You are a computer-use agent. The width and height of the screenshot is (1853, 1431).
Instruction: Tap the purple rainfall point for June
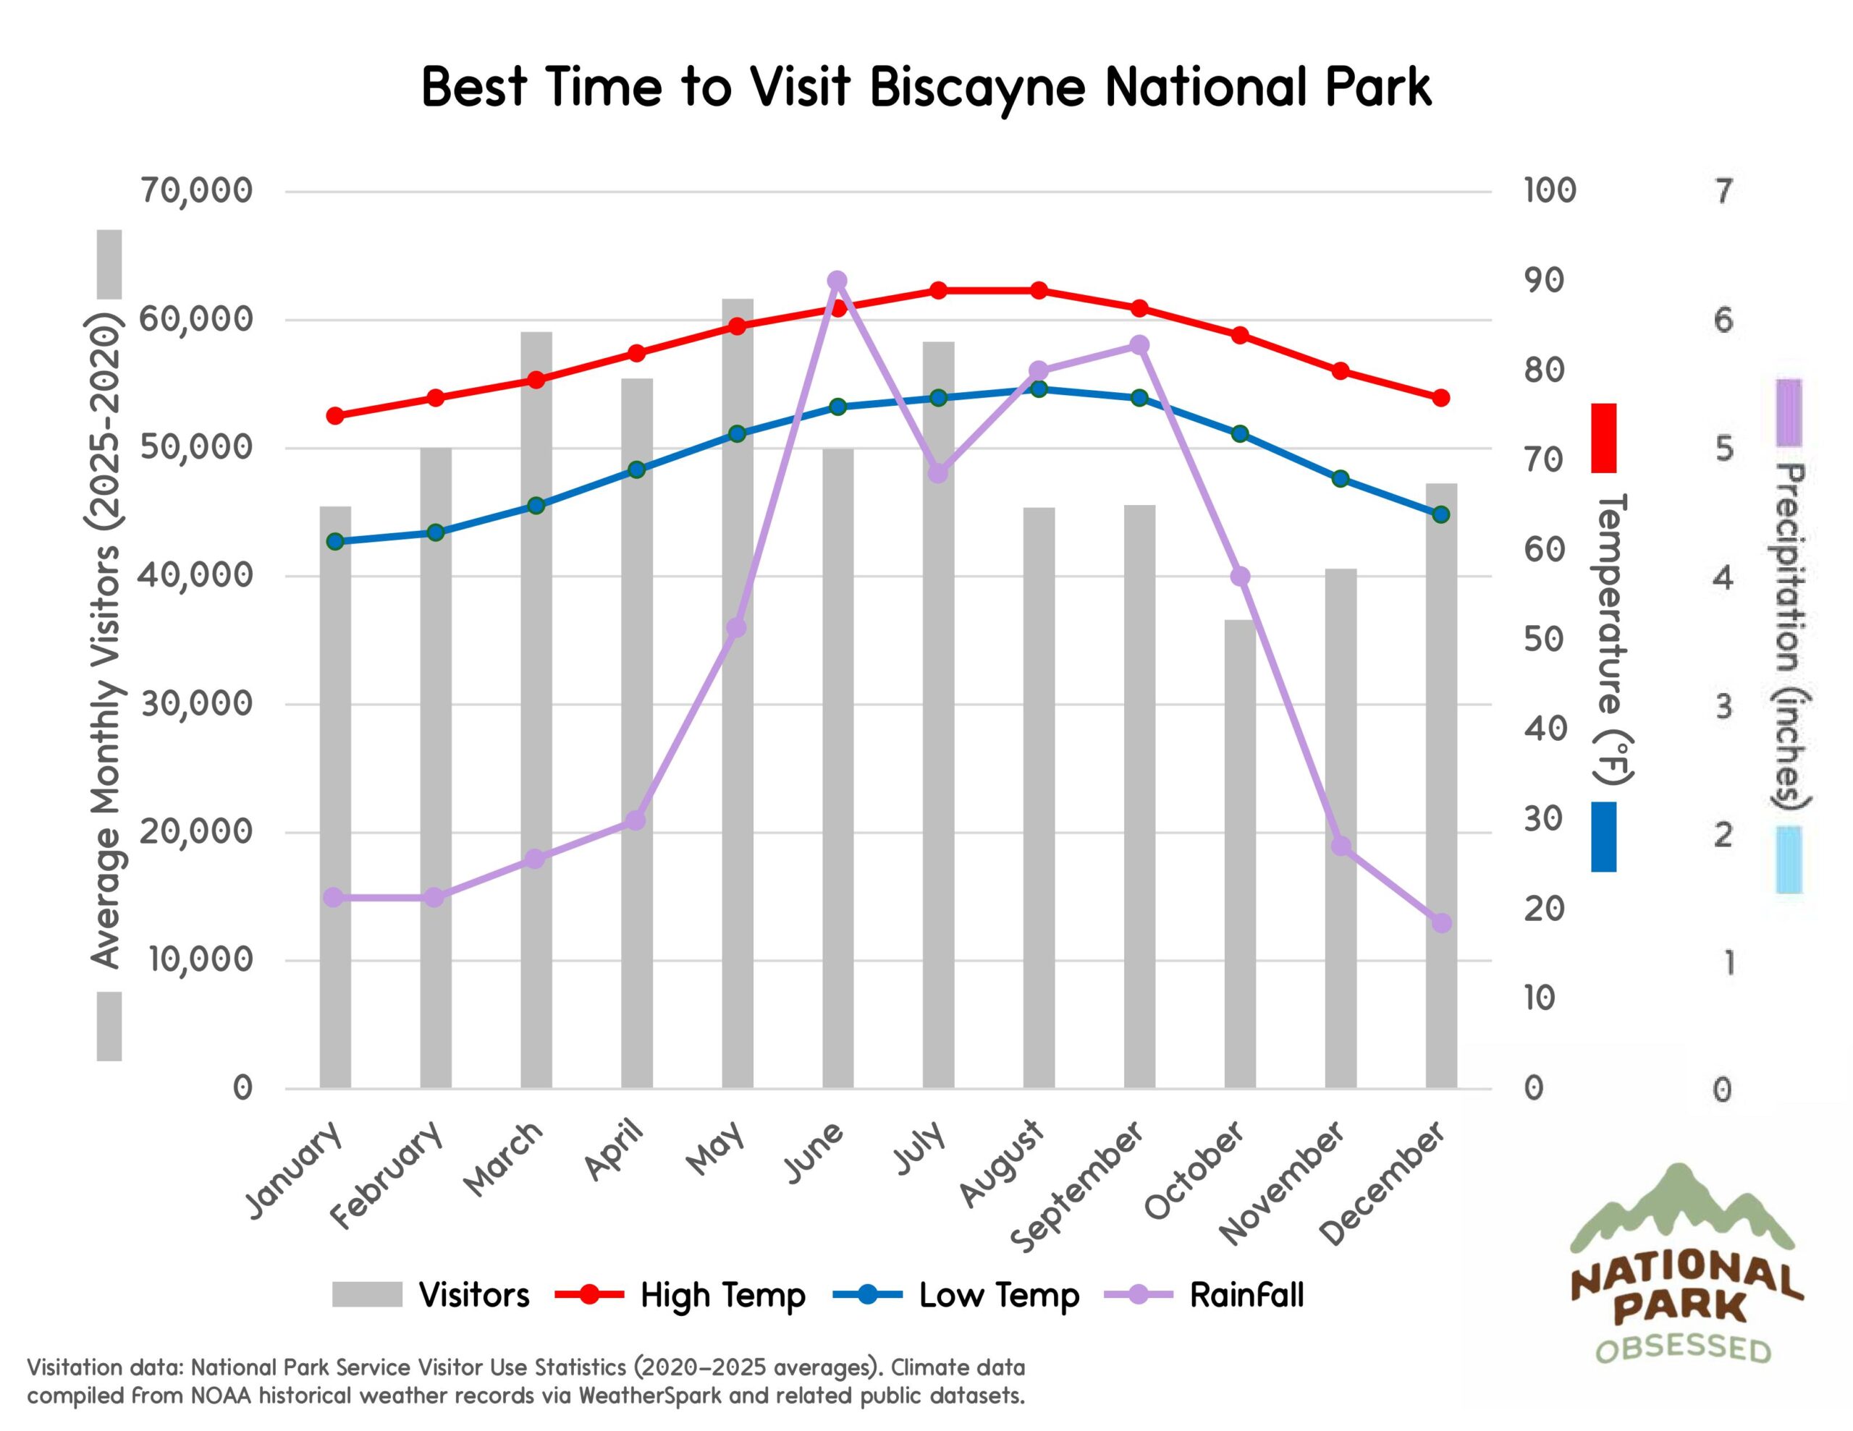[837, 281]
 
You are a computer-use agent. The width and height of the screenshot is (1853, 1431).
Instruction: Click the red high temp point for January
[335, 416]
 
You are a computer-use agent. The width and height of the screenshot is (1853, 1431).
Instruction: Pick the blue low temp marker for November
[1341, 478]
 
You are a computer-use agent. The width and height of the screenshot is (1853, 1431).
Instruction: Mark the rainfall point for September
[1139, 345]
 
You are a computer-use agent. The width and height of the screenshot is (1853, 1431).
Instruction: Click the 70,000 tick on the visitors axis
[197, 191]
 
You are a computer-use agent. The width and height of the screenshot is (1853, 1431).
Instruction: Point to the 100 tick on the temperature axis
[1549, 191]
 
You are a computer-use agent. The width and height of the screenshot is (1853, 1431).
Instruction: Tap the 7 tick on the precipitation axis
[1722, 192]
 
